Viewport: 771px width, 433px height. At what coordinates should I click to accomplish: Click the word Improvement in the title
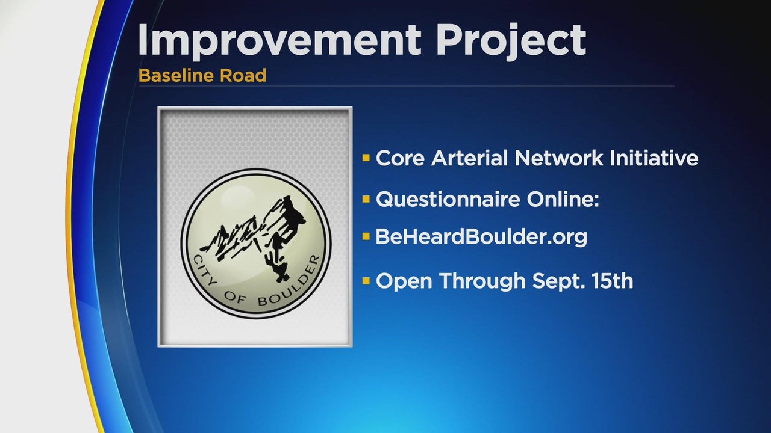click(x=279, y=40)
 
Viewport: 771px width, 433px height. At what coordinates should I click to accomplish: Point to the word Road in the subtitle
click(x=243, y=75)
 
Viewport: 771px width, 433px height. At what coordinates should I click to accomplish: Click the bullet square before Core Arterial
click(x=366, y=158)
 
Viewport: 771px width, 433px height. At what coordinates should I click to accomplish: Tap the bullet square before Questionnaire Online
click(x=366, y=199)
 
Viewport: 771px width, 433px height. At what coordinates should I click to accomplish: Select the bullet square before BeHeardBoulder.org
click(x=366, y=236)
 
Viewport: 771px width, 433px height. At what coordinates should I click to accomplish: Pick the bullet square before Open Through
click(x=366, y=281)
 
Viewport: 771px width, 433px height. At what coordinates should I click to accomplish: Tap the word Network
click(x=559, y=158)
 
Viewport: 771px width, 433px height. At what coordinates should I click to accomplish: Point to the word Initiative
click(x=654, y=158)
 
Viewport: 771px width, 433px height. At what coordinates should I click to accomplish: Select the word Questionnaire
click(x=448, y=199)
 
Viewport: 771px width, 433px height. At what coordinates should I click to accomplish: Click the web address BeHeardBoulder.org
click(x=481, y=237)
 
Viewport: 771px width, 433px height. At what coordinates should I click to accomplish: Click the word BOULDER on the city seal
click(x=290, y=283)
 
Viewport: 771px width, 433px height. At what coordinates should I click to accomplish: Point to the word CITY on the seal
click(x=204, y=270)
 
